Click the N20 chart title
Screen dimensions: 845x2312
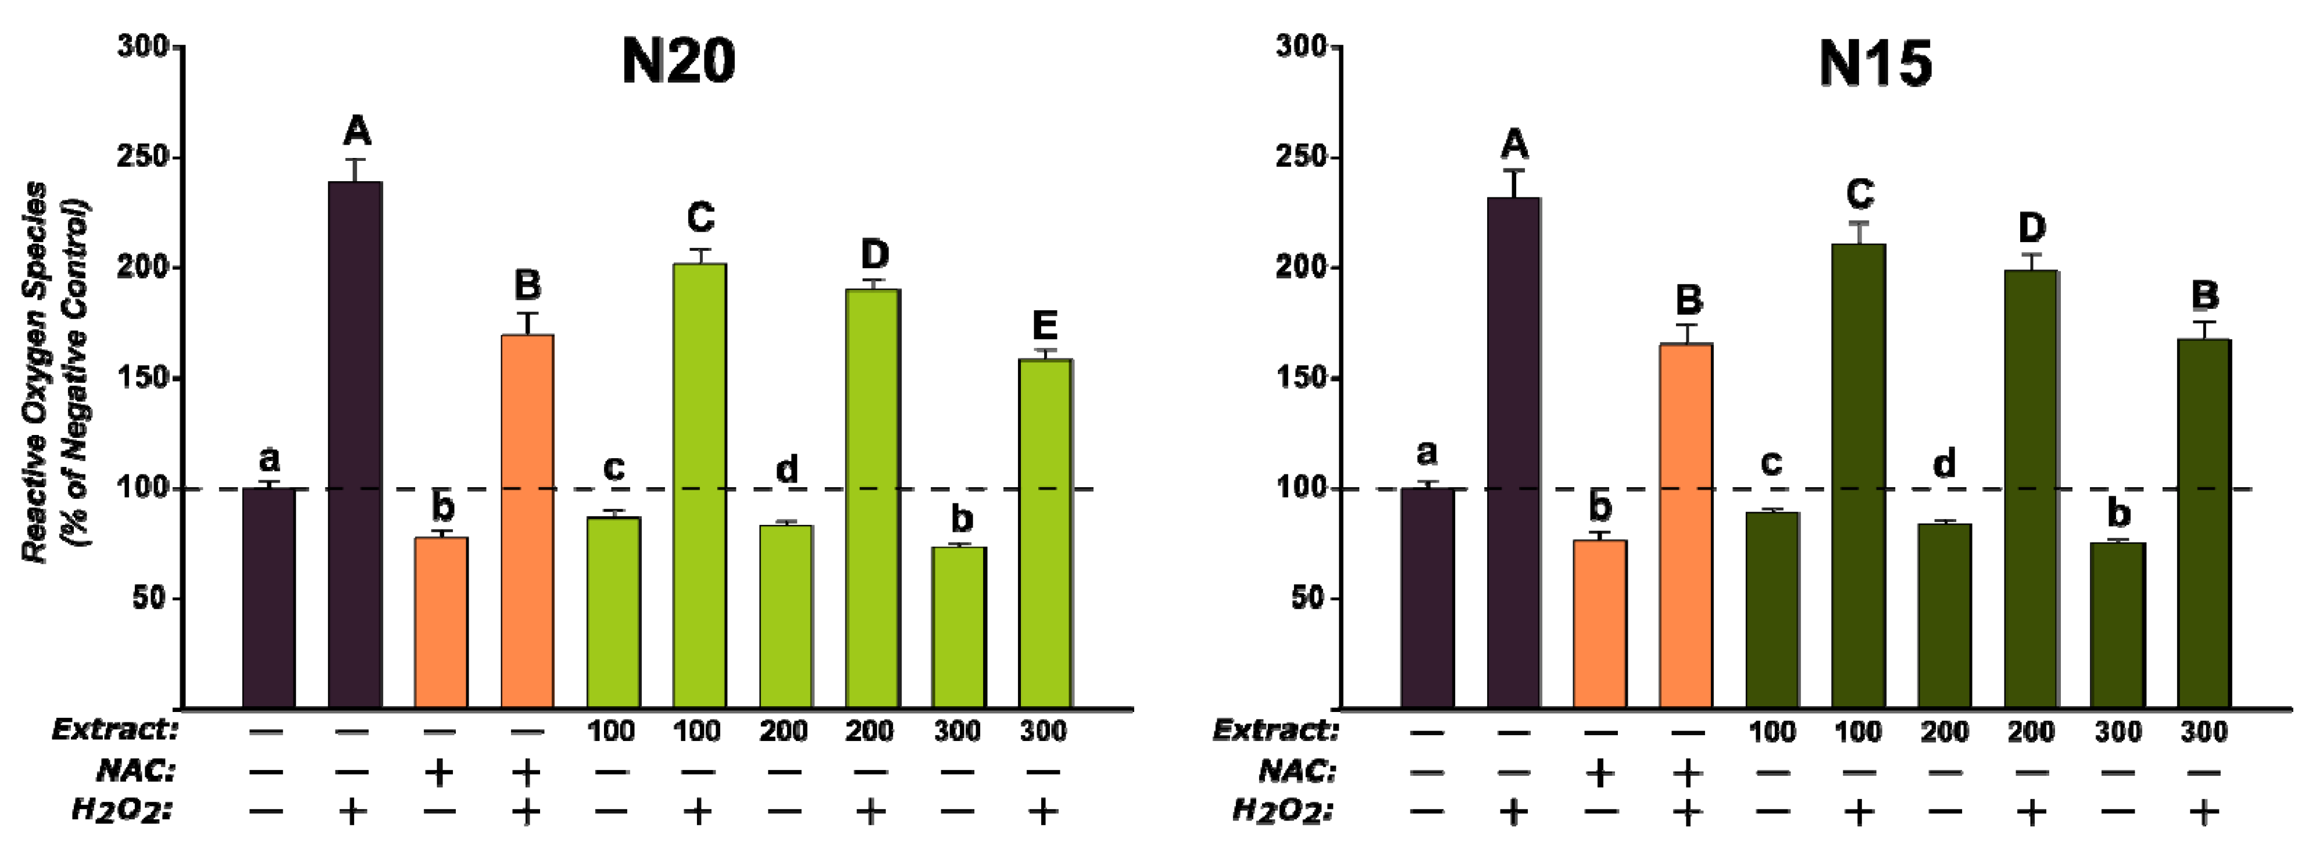click(x=678, y=63)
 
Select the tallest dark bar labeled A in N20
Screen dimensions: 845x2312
click(x=355, y=444)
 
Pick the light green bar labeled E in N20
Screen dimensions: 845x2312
click(x=1045, y=534)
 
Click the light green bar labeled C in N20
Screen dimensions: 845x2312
click(x=699, y=484)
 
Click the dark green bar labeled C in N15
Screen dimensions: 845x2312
click(x=1858, y=476)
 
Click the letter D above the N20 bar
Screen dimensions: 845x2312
click(x=875, y=255)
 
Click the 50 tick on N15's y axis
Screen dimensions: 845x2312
click(x=1310, y=598)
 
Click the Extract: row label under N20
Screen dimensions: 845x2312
click(x=115, y=729)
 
